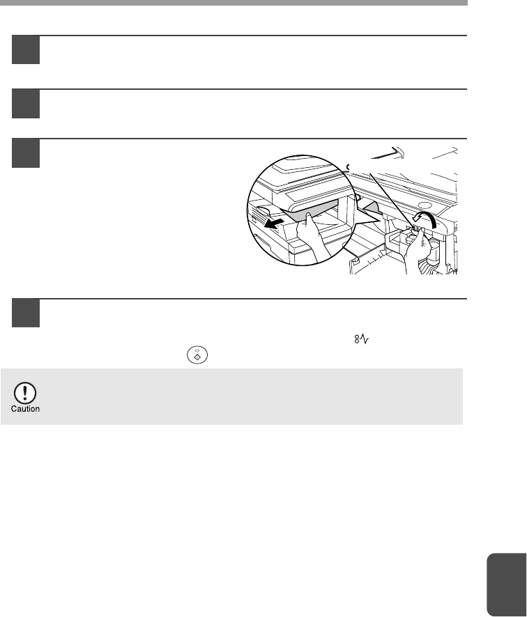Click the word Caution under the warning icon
[25, 409]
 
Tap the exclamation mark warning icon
[25, 393]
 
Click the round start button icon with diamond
[197, 355]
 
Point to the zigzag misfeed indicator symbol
[362, 339]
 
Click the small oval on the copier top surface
[425, 205]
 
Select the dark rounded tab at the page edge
[507, 585]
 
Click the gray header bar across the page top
[234, 3]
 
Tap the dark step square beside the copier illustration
[26, 153]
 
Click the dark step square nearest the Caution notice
[26, 313]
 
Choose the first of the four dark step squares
[26, 50]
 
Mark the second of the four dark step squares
[26, 104]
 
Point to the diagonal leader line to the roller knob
[392, 200]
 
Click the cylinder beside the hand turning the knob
[434, 252]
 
